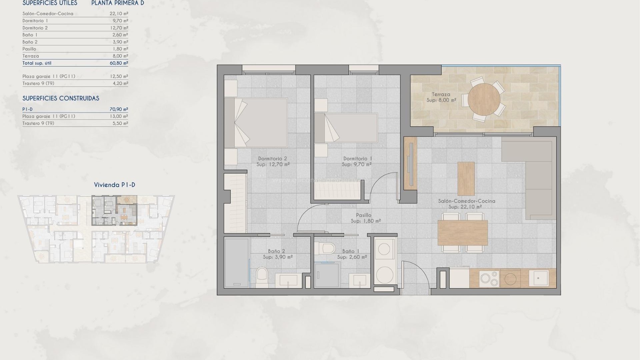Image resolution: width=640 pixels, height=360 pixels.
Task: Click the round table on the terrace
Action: coord(484,99)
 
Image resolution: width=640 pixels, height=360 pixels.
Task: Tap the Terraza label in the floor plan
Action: coord(441,94)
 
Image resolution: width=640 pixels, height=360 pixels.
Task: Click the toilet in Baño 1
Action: coord(325,248)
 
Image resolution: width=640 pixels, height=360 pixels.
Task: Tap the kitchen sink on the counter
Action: coord(539,278)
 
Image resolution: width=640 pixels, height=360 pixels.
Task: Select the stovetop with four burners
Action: coord(489,279)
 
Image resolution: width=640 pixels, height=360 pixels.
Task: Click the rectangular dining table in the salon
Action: coord(462,232)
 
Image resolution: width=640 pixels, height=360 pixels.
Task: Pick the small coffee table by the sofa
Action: coord(466,179)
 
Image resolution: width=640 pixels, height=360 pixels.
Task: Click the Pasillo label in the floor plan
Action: coord(363,215)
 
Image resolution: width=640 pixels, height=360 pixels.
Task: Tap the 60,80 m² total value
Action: coord(119,63)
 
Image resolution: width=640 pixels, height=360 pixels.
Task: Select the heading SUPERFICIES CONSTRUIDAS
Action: coord(61,98)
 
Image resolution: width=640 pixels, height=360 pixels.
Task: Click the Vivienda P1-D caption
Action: coord(114,185)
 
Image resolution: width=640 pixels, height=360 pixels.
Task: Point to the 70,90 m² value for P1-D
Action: coord(119,109)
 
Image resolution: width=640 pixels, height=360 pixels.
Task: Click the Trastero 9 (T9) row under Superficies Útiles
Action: coord(38,83)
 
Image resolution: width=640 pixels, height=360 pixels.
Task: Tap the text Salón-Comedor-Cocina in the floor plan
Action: coord(466,201)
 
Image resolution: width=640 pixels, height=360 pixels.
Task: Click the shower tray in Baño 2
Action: coord(236,263)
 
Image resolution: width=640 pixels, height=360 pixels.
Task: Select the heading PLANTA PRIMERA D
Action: coord(118,3)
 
